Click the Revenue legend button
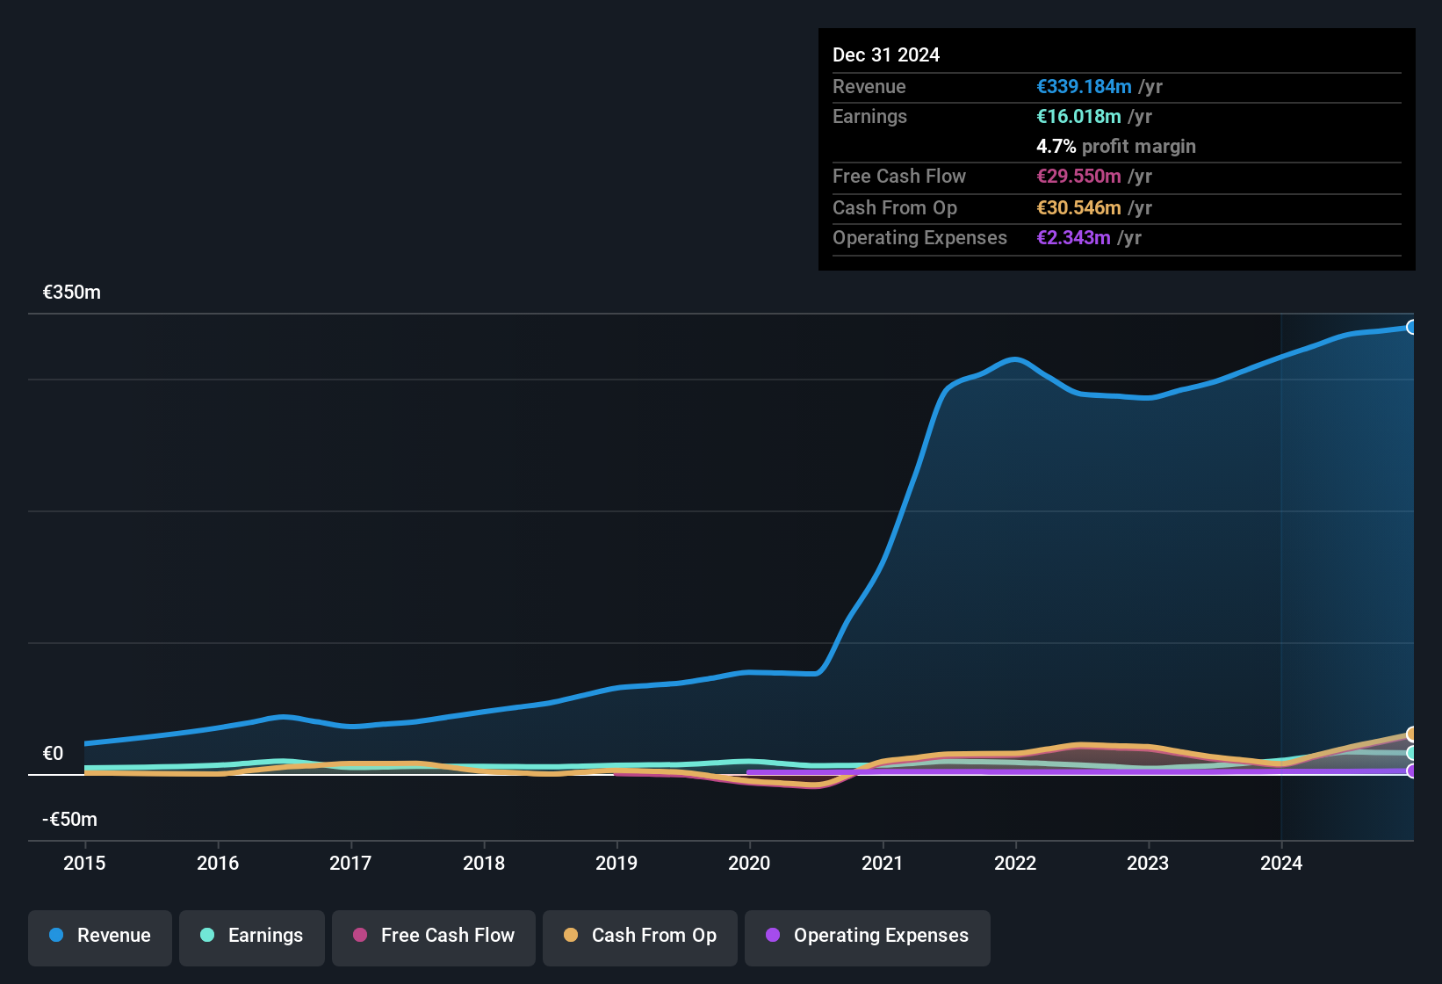click(x=100, y=936)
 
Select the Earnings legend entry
click(x=252, y=936)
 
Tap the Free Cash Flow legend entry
click(x=434, y=936)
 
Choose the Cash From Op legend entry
click(x=640, y=936)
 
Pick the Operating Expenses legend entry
click(x=868, y=936)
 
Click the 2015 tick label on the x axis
click(x=84, y=863)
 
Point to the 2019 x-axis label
click(x=616, y=863)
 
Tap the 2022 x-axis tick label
click(x=1015, y=863)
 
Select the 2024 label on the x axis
click(x=1281, y=863)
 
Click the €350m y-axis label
click(x=72, y=293)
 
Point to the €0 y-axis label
click(x=54, y=754)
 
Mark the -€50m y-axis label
click(x=70, y=820)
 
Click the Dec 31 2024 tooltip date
click(x=886, y=55)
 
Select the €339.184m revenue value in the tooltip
click(x=1084, y=87)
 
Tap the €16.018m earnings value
click(x=1078, y=117)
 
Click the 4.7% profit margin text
click(x=1116, y=147)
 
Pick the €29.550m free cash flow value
click(x=1078, y=177)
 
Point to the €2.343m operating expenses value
click(x=1073, y=238)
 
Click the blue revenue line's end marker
click(x=1412, y=327)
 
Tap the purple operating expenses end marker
click(x=1412, y=771)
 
